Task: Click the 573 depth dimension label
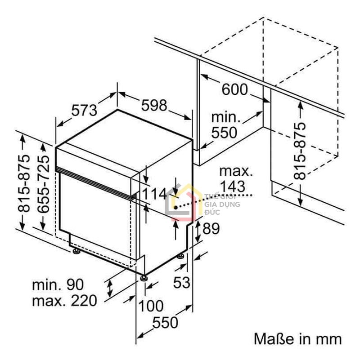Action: (84, 110)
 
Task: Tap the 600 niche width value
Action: (234, 89)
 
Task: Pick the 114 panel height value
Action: (155, 194)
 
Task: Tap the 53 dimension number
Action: (182, 283)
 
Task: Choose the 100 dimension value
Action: (151, 306)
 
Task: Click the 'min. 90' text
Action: (57, 284)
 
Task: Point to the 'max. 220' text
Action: (64, 300)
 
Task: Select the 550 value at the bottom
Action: (165, 322)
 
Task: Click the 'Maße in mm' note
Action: (297, 338)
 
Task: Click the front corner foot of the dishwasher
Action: (144, 277)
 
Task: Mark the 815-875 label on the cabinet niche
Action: (300, 151)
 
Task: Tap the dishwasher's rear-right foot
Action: (180, 257)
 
